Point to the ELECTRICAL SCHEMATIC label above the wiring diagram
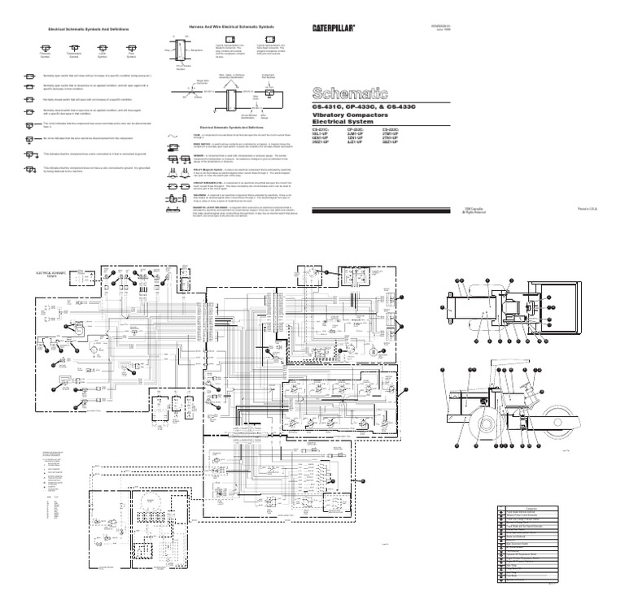50,275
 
